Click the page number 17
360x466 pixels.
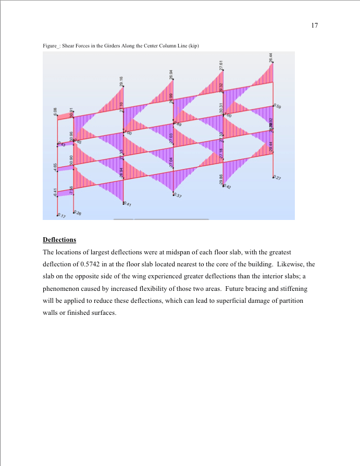pos(315,25)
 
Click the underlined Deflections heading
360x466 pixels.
pos(59,240)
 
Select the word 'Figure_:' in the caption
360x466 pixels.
pos(51,46)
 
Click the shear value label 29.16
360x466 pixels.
pos(122,81)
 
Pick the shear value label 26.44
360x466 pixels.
pos(271,57)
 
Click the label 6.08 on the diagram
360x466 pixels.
pos(55,111)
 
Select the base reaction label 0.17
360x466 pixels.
pos(61,215)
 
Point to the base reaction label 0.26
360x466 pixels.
pos(77,212)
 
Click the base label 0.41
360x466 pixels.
pos(127,205)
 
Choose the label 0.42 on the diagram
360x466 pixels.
pos(228,187)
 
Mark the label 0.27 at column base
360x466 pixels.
pos(277,178)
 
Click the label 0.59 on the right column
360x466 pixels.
pos(277,107)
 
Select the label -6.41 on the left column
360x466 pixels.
pos(55,192)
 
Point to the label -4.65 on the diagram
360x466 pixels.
pos(55,167)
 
